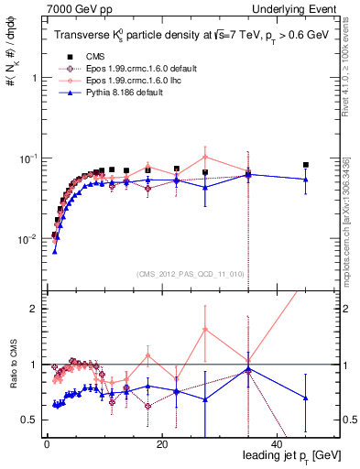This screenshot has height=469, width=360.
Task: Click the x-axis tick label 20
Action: pyautogui.click(x=161, y=443)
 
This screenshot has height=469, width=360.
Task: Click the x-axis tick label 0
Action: pyautogui.click(x=47, y=443)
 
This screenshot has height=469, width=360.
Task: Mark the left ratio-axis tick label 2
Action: pyautogui.click(x=33, y=309)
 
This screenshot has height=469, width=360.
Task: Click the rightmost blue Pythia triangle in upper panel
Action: pyautogui.click(x=306, y=180)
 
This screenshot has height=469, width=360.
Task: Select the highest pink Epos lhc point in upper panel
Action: pyautogui.click(x=205, y=157)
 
